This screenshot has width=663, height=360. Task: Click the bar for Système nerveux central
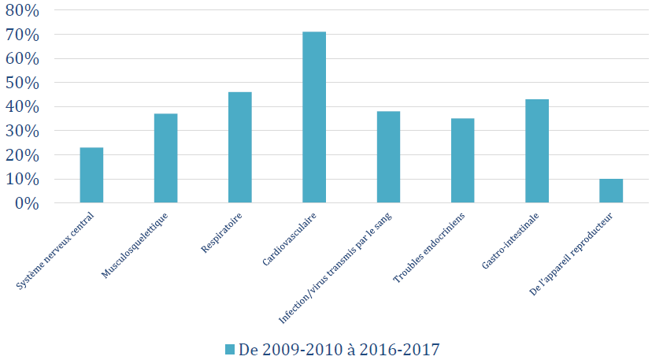pyautogui.click(x=91, y=175)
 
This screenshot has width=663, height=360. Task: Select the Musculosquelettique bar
pyautogui.click(x=165, y=158)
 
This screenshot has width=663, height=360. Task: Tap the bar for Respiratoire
pyautogui.click(x=240, y=147)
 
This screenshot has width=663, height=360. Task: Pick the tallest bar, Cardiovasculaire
pyautogui.click(x=314, y=117)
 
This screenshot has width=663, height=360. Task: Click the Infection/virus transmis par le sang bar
pyautogui.click(x=388, y=157)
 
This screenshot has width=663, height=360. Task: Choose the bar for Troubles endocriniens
pyautogui.click(x=462, y=161)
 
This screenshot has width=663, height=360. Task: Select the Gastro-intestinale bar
pyautogui.click(x=537, y=151)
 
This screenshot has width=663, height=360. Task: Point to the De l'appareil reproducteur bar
pyautogui.click(x=611, y=191)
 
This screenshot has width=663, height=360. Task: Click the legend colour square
pyautogui.click(x=230, y=348)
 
